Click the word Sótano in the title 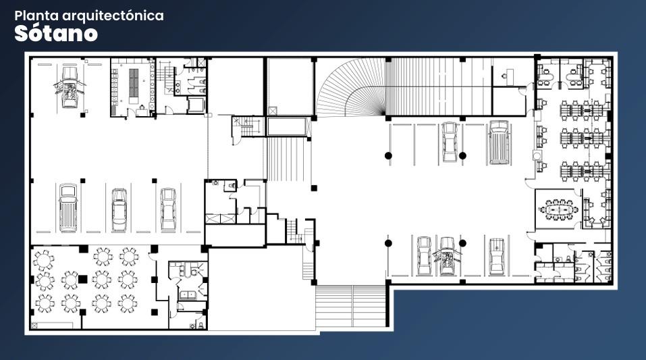[x=56, y=33]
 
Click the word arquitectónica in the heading [x=113, y=16]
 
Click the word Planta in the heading [x=36, y=16]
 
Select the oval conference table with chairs [x=559, y=210]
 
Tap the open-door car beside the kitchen [x=70, y=87]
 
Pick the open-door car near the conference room [x=448, y=256]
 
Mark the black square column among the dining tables [x=83, y=279]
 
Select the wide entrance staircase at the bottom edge [x=351, y=305]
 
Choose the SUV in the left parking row [x=68, y=207]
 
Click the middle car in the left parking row [x=119, y=210]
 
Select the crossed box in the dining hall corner [x=34, y=326]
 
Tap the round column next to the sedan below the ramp [x=462, y=155]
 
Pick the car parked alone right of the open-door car [x=496, y=256]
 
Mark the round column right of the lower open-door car [x=462, y=243]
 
